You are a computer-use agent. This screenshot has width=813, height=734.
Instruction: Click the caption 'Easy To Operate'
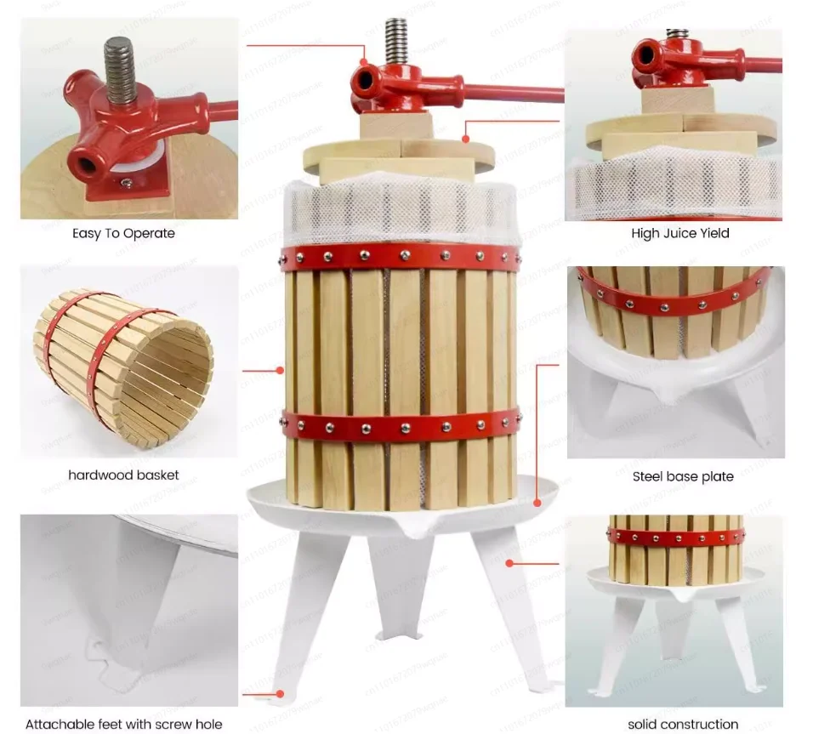[122, 233]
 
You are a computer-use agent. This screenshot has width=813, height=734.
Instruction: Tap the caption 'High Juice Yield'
[679, 233]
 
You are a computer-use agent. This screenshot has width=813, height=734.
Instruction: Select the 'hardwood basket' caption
[123, 475]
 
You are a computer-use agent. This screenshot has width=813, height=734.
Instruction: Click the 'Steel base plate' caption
[682, 476]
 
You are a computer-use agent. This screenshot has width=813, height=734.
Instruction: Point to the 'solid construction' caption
[683, 724]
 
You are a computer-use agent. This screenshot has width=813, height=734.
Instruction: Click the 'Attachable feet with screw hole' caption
[123, 724]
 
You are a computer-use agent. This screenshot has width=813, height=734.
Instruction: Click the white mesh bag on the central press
[400, 213]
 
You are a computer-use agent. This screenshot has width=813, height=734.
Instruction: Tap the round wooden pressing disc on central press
[400, 157]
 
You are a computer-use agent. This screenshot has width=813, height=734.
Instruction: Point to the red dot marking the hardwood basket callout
[280, 370]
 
